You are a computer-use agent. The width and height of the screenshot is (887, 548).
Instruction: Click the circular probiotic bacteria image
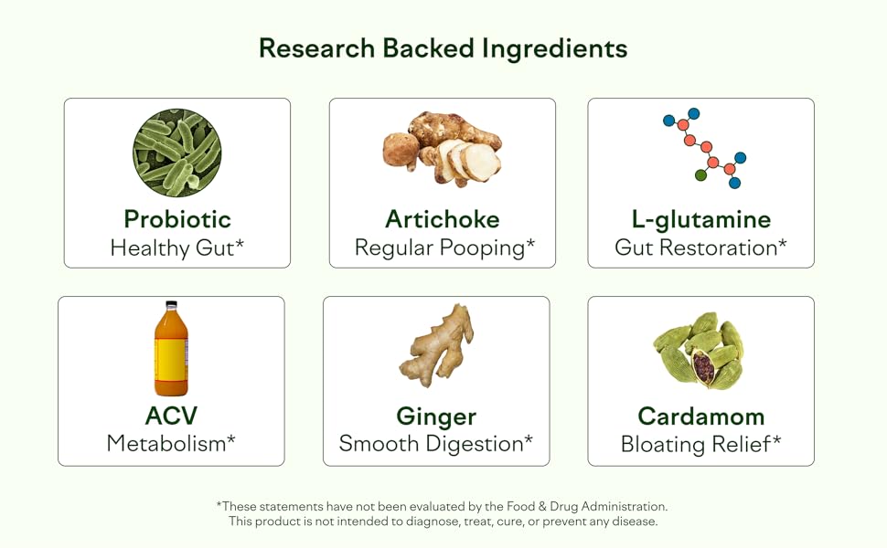tap(176, 153)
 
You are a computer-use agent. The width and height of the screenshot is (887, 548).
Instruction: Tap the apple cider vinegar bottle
tap(171, 349)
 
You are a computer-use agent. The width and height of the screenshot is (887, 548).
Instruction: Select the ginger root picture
tap(437, 345)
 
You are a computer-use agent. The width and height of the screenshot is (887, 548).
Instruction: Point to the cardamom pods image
tap(699, 350)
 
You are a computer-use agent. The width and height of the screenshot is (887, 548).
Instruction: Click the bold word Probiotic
tap(177, 219)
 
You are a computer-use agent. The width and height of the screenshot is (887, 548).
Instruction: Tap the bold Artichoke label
tap(443, 219)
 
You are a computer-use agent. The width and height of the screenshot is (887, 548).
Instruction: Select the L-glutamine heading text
tap(701, 219)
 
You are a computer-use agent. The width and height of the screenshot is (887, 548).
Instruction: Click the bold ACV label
tap(171, 416)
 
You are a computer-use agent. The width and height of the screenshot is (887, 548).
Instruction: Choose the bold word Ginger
tap(436, 416)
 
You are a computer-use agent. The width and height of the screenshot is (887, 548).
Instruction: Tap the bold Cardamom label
tap(701, 416)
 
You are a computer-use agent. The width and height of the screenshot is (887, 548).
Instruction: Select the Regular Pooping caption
tap(443, 248)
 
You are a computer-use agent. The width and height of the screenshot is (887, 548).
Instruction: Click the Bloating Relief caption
tap(701, 444)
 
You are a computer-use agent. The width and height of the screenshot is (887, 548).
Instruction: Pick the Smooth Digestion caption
tap(436, 444)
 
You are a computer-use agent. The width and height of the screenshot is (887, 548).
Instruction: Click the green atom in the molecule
tap(700, 174)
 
